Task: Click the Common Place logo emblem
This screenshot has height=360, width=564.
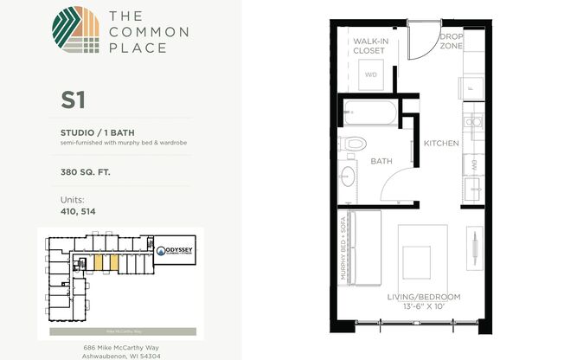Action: [x=76, y=33]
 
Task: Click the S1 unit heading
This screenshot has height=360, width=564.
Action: [x=73, y=100]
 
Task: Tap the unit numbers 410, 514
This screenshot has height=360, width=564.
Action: [x=78, y=213]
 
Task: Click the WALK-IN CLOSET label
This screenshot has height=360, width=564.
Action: [x=369, y=45]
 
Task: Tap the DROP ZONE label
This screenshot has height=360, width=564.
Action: [x=452, y=42]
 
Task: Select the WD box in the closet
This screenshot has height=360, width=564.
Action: [x=371, y=75]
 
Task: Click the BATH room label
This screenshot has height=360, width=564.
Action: [x=381, y=161]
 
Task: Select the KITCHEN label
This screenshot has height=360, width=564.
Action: [x=440, y=143]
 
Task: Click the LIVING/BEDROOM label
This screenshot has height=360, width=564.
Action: [x=423, y=298]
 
